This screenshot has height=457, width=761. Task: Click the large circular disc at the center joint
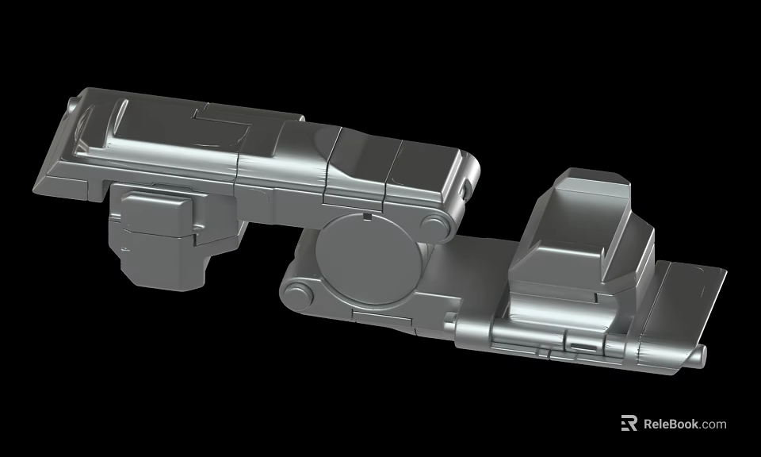[x=365, y=255]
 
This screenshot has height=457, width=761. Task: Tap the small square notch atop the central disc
[x=366, y=215]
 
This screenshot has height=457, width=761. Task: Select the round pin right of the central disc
[x=434, y=225]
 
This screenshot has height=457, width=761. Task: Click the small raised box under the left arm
[x=159, y=213]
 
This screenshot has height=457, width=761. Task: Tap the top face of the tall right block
[x=591, y=182]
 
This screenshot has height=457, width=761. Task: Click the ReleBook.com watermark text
[x=684, y=424]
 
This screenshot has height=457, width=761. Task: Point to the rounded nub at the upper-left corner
[x=73, y=104]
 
